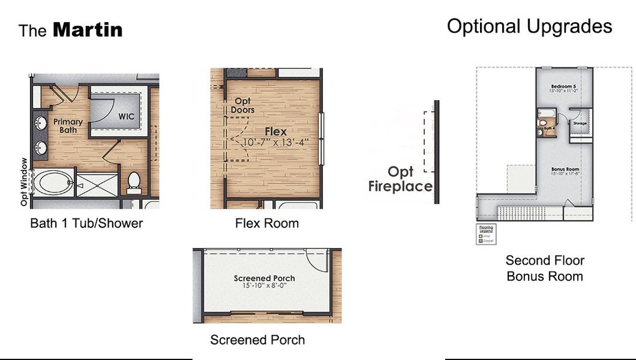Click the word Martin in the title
(x=88, y=30)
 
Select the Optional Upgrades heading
(x=529, y=26)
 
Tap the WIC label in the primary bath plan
(x=126, y=116)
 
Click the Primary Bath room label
(x=68, y=125)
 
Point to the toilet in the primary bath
(x=133, y=181)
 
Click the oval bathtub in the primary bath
(x=53, y=181)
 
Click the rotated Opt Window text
(x=24, y=182)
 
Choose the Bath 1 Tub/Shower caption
(x=86, y=224)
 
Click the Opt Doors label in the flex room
(x=242, y=106)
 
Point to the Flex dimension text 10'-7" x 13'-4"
(x=276, y=142)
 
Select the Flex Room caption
(x=266, y=224)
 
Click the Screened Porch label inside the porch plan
(x=264, y=278)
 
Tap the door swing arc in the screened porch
(x=316, y=260)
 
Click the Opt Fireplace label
(x=400, y=179)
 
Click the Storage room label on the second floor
(x=580, y=124)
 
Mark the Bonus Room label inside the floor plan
(x=565, y=170)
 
